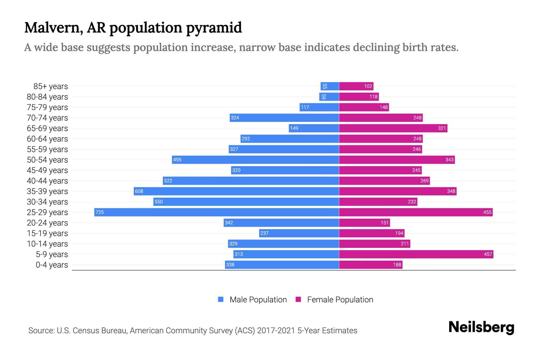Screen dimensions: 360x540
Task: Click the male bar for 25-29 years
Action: point(217,212)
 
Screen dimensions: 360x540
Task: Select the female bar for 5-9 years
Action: point(416,254)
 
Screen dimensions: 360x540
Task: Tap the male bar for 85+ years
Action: point(330,86)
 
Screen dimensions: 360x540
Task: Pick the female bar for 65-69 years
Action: point(393,128)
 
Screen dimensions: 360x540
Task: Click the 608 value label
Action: point(139,191)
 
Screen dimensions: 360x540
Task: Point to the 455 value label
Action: point(487,212)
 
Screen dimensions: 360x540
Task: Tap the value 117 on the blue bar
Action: point(305,107)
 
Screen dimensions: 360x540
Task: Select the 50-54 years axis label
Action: point(47,160)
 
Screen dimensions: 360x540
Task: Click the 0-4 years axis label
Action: point(52,265)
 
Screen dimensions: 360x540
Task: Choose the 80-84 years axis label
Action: point(47,97)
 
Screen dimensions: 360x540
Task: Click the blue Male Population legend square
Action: point(221,299)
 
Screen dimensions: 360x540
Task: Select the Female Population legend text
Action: point(340,300)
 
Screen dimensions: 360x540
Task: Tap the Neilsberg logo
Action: point(481,327)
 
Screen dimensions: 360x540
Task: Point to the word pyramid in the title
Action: point(214,28)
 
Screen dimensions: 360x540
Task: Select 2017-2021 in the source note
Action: point(276,331)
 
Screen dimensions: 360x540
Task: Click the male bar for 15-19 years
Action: point(299,233)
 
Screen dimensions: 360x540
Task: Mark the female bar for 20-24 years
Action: point(364,223)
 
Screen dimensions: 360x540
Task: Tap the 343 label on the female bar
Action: point(449,160)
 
